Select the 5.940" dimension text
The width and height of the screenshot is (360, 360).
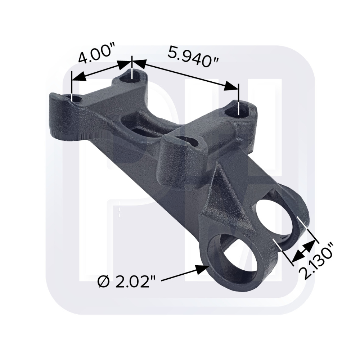coord(193,56)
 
